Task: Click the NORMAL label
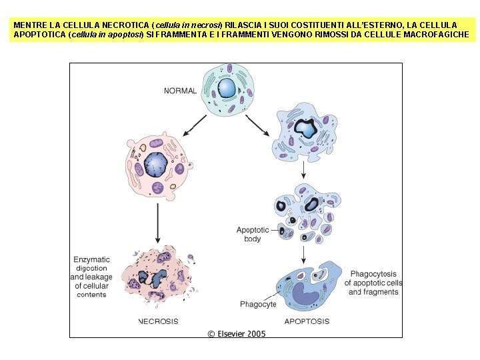pyautogui.click(x=180, y=91)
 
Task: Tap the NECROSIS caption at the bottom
pyautogui.click(x=158, y=321)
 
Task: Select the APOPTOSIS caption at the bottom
pyautogui.click(x=307, y=321)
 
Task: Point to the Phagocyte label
pyautogui.click(x=257, y=305)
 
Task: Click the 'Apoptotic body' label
pyautogui.click(x=253, y=234)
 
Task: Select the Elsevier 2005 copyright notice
pyautogui.click(x=237, y=333)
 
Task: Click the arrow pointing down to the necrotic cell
pyautogui.click(x=157, y=223)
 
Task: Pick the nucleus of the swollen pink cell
pyautogui.click(x=155, y=163)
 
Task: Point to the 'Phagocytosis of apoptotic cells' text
pyautogui.click(x=373, y=283)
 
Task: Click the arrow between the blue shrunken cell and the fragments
pyautogui.click(x=304, y=169)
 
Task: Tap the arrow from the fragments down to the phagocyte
pyautogui.click(x=304, y=253)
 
